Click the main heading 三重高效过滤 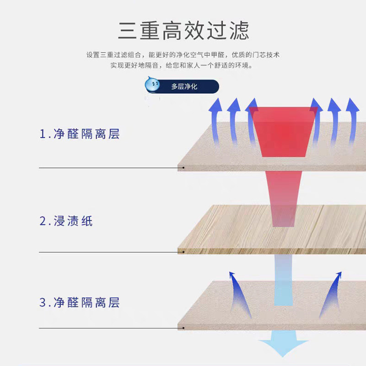(x=183, y=30)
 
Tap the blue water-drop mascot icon (x=152, y=85)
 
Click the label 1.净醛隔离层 (x=79, y=134)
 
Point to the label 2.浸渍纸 (x=66, y=221)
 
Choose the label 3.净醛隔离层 (x=79, y=302)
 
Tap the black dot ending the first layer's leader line (x=183, y=168)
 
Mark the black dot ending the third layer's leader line (x=183, y=328)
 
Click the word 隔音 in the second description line (x=152, y=65)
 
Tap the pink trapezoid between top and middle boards (x=284, y=197)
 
